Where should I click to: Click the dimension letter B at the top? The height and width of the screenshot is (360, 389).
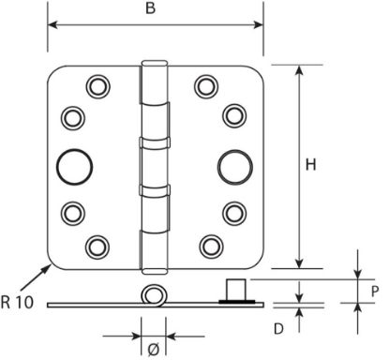pyautogui.click(x=150, y=8)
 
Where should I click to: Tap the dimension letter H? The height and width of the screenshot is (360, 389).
pyautogui.click(x=311, y=165)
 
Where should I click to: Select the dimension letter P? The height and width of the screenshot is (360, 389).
pyautogui.click(x=375, y=292)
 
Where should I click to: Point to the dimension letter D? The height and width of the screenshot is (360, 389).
pyautogui.click(x=278, y=329)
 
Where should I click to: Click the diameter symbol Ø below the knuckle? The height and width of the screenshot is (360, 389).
pyautogui.click(x=154, y=349)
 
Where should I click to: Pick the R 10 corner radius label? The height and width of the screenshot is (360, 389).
pyautogui.click(x=17, y=302)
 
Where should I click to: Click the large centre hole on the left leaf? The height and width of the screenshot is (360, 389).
pyautogui.click(x=74, y=167)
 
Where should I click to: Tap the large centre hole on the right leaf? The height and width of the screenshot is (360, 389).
pyautogui.click(x=235, y=167)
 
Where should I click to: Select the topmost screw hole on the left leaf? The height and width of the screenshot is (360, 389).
pyautogui.click(x=97, y=86)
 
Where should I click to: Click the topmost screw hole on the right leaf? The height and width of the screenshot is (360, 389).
pyautogui.click(x=206, y=86)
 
